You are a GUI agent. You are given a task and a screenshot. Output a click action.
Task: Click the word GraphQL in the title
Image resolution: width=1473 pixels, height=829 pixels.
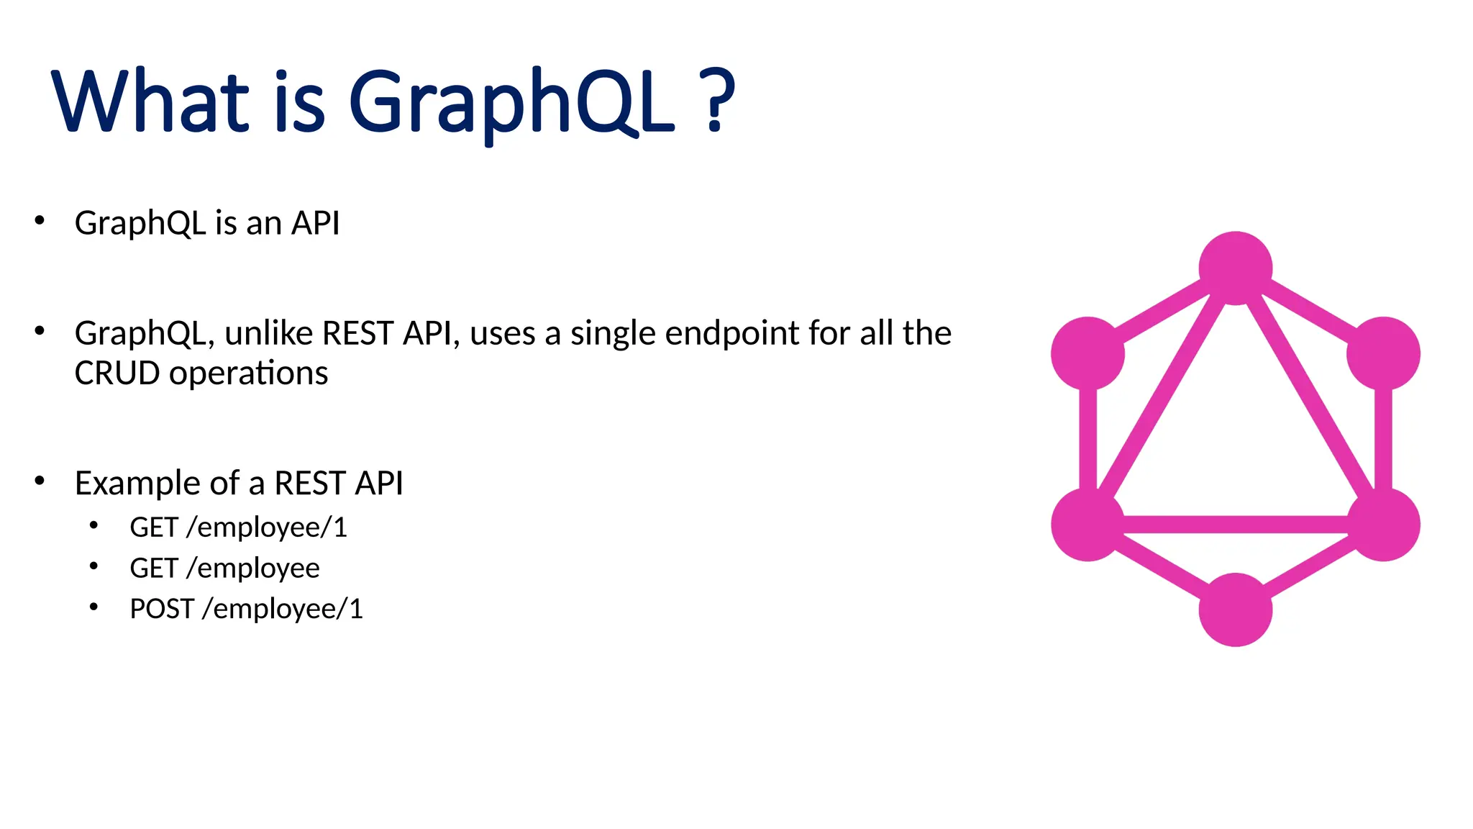point(511,102)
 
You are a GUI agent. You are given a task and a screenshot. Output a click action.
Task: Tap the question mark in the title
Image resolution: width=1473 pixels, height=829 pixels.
point(716,101)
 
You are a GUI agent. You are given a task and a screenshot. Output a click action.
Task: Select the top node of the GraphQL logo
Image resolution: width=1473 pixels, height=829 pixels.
point(1236,268)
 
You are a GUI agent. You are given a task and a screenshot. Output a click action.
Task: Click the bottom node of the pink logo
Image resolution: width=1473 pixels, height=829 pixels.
point(1236,610)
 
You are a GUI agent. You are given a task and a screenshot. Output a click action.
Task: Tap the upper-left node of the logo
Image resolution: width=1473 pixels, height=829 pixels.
point(1087,353)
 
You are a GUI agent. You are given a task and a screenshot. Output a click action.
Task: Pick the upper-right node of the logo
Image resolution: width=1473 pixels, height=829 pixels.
point(1383,353)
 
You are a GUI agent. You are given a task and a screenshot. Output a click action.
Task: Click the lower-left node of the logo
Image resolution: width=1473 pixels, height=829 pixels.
point(1087,525)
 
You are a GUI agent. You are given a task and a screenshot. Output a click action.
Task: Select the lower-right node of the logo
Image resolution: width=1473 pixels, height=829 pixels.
point(1383,525)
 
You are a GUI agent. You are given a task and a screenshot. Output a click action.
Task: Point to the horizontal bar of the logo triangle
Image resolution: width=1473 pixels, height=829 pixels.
point(1236,525)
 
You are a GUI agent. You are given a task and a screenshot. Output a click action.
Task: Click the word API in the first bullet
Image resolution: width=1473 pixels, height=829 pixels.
point(315,223)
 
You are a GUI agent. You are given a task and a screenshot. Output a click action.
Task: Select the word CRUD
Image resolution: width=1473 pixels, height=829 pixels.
point(117,373)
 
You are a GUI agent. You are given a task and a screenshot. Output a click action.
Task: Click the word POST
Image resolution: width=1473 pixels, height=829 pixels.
point(162,609)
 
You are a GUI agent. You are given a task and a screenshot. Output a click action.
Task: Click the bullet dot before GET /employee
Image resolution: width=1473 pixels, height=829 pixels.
point(94,566)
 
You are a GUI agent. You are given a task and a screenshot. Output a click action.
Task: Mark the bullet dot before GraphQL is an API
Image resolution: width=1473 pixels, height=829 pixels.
point(40,221)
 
